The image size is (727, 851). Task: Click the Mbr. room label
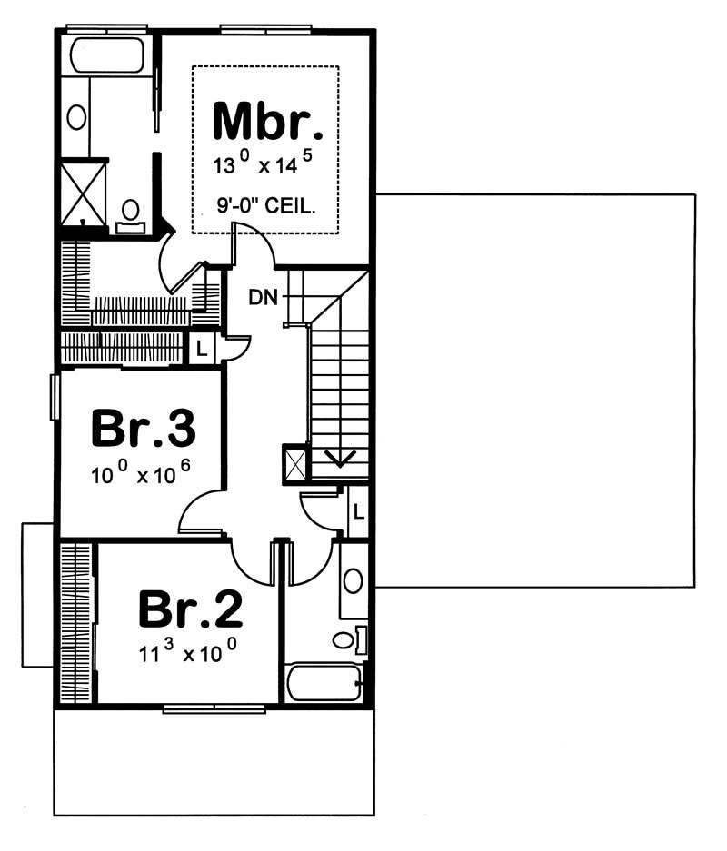pos(267,122)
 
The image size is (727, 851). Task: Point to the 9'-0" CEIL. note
pos(267,206)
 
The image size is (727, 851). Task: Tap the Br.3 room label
pos(144,430)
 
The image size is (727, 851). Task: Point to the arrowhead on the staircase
pos(340,460)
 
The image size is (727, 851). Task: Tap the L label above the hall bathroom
pos(359,512)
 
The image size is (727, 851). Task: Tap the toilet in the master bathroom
pos(131,214)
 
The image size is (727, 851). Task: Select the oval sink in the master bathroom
pos(77,116)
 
